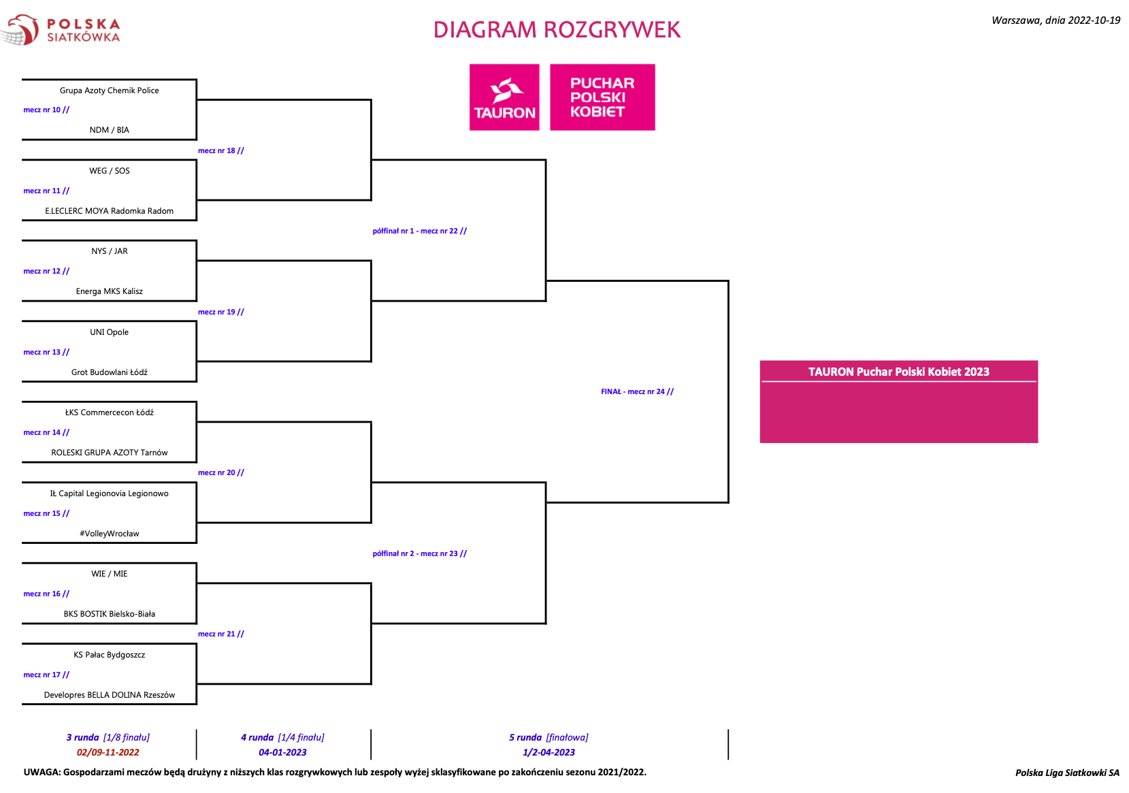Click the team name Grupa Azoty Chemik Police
[110, 91]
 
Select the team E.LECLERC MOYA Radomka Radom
[110, 211]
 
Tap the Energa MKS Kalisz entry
[110, 291]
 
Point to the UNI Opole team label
[110, 332]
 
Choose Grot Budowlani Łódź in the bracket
[110, 372]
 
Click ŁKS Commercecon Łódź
[110, 412]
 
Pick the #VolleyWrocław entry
[110, 534]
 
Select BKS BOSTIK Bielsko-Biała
[110, 614]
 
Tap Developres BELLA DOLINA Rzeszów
[110, 695]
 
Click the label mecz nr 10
[46, 110]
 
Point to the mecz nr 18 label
[220, 150]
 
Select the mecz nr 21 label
[220, 634]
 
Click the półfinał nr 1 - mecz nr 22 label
[420, 231]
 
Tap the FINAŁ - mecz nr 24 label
[637, 391]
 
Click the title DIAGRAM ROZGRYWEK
[557, 30]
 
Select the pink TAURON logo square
[504, 97]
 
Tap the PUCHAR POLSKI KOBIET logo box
[603, 97]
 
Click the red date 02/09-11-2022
[108, 753]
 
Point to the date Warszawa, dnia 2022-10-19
[1056, 20]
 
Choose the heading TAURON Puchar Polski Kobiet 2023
[899, 372]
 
